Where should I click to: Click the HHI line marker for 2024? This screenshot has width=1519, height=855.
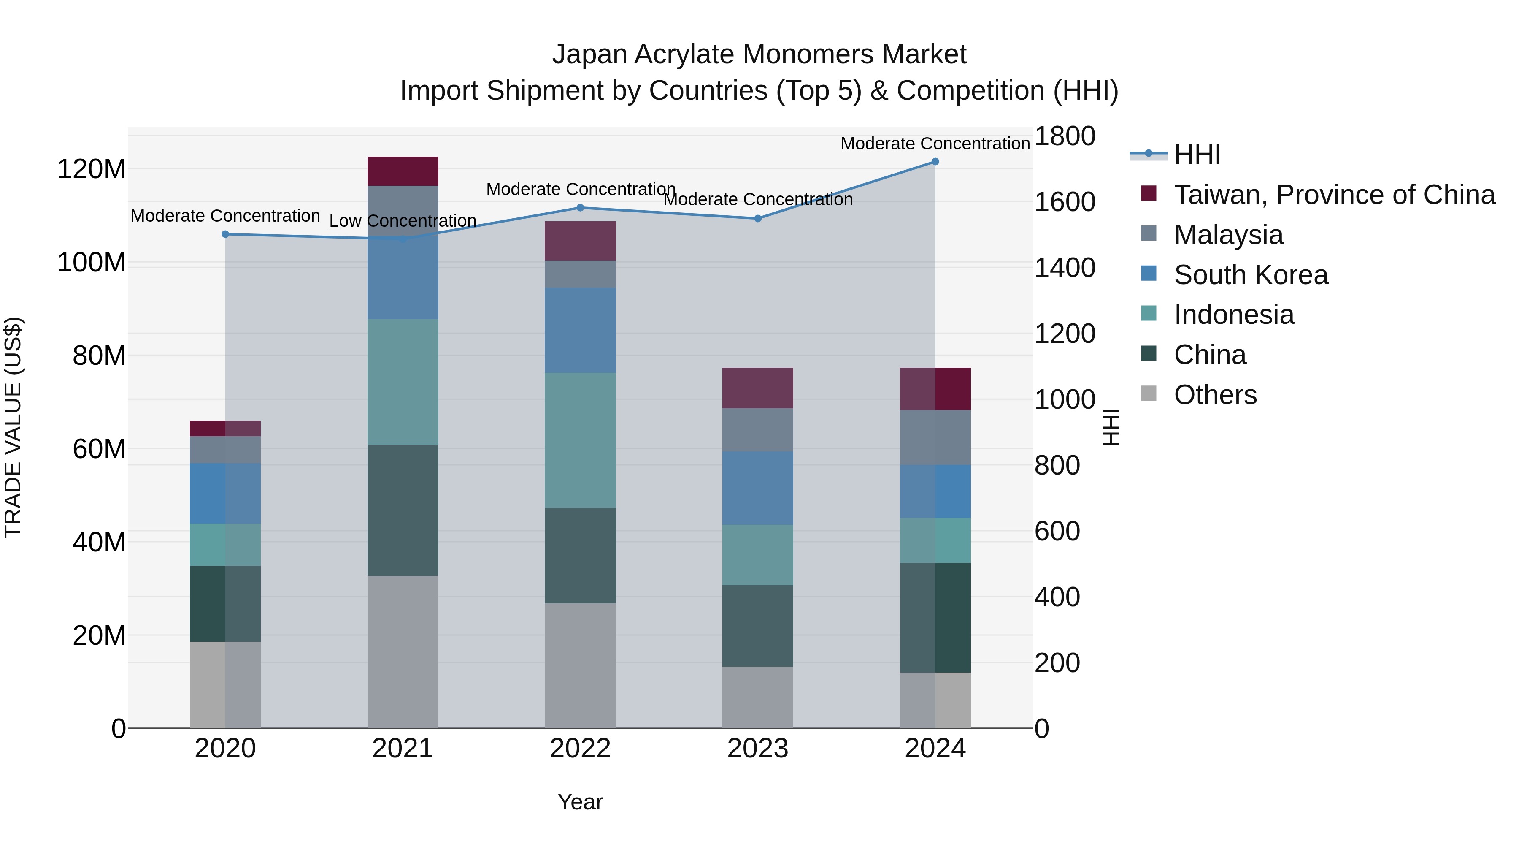coord(935,162)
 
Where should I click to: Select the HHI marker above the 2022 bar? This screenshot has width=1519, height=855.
coord(580,208)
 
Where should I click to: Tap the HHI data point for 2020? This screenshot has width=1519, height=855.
coord(225,234)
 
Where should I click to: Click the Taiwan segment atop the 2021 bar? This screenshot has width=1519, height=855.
coord(403,171)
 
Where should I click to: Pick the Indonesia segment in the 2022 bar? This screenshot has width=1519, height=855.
coord(580,440)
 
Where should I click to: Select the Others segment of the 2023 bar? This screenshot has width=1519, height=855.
coord(758,698)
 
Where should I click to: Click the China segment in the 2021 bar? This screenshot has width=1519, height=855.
coord(403,510)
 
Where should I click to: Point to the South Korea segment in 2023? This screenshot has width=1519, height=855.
coord(758,488)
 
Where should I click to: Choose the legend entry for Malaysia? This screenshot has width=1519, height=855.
coord(1228,235)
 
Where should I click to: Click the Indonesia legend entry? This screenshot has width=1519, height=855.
coord(1234,315)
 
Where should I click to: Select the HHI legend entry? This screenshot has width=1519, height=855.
coord(1197,155)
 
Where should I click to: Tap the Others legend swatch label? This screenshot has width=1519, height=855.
coord(1215,395)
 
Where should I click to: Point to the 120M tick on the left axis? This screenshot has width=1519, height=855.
coord(92,169)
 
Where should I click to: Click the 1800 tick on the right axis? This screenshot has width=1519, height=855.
coord(1065,136)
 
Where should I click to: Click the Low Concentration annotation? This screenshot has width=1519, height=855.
coord(403,221)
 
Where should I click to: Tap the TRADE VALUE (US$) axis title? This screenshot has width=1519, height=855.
coord(14,427)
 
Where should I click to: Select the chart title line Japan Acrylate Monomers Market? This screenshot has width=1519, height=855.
coord(759,54)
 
